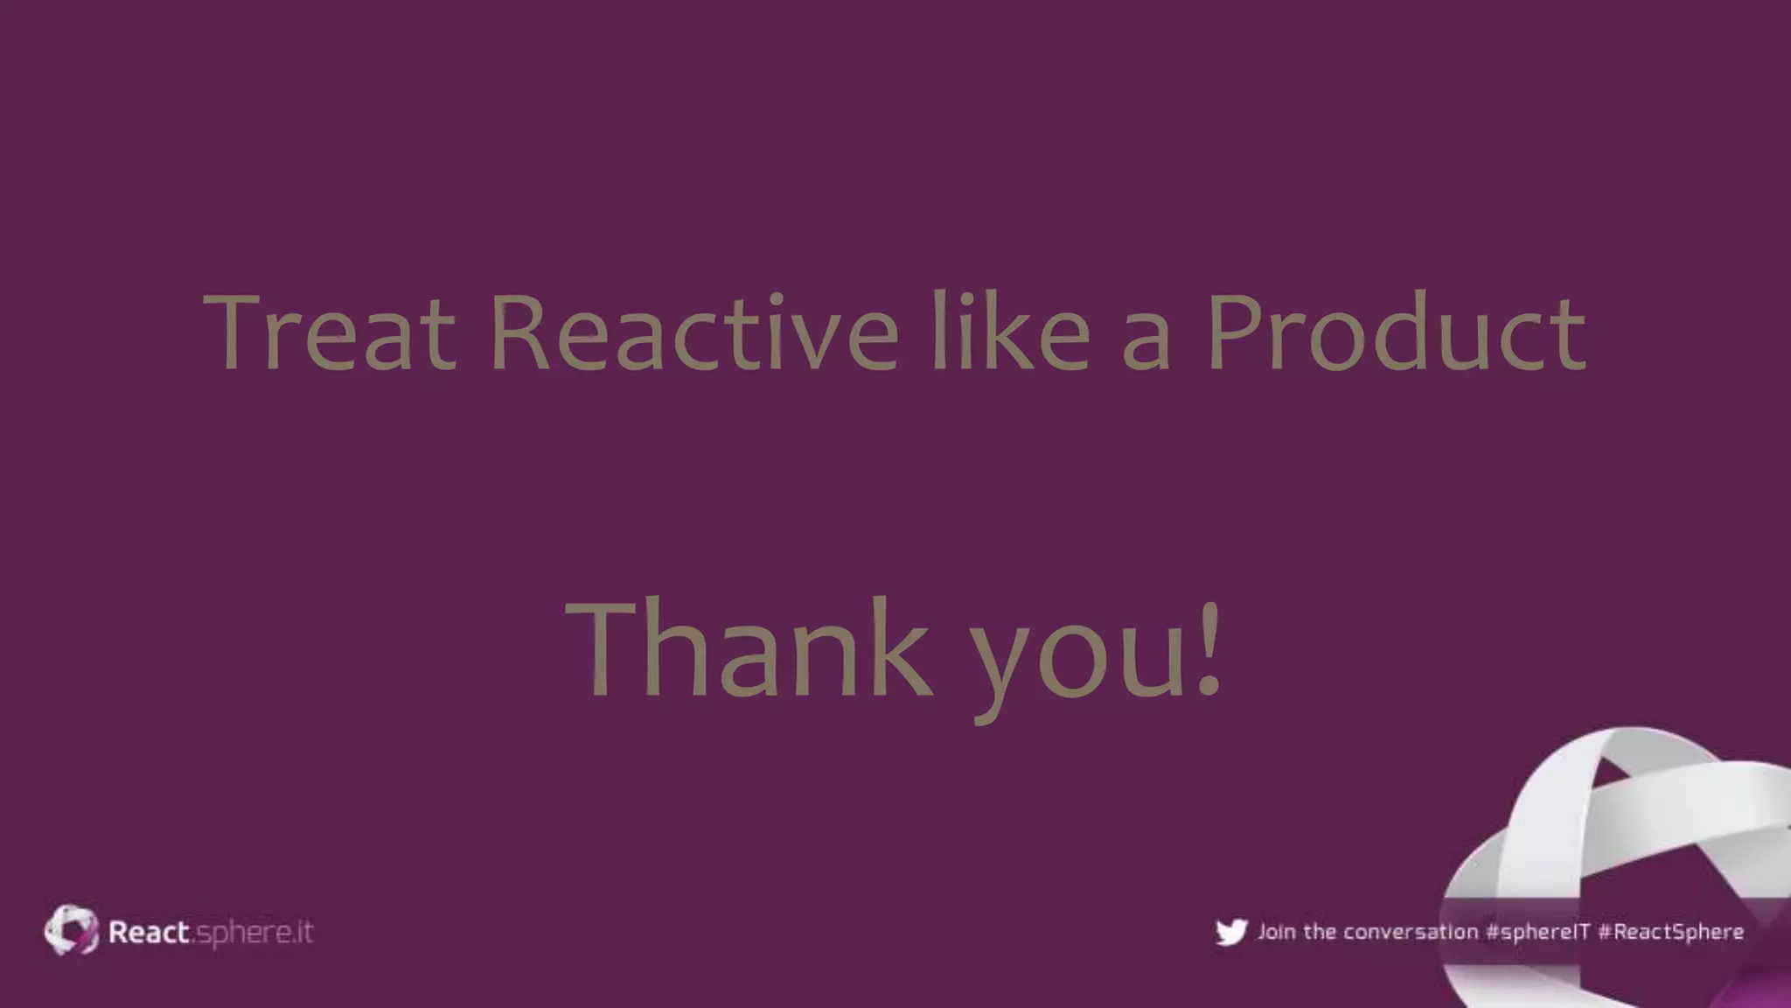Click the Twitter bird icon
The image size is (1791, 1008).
point(1231,932)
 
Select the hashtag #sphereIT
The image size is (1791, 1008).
point(1537,932)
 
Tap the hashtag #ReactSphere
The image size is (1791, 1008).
point(1670,932)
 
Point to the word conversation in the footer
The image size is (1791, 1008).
point(1411,932)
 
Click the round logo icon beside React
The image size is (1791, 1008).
point(72,930)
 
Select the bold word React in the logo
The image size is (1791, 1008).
point(149,932)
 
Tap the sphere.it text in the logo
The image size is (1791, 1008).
point(254,934)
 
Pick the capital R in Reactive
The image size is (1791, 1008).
point(519,332)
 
